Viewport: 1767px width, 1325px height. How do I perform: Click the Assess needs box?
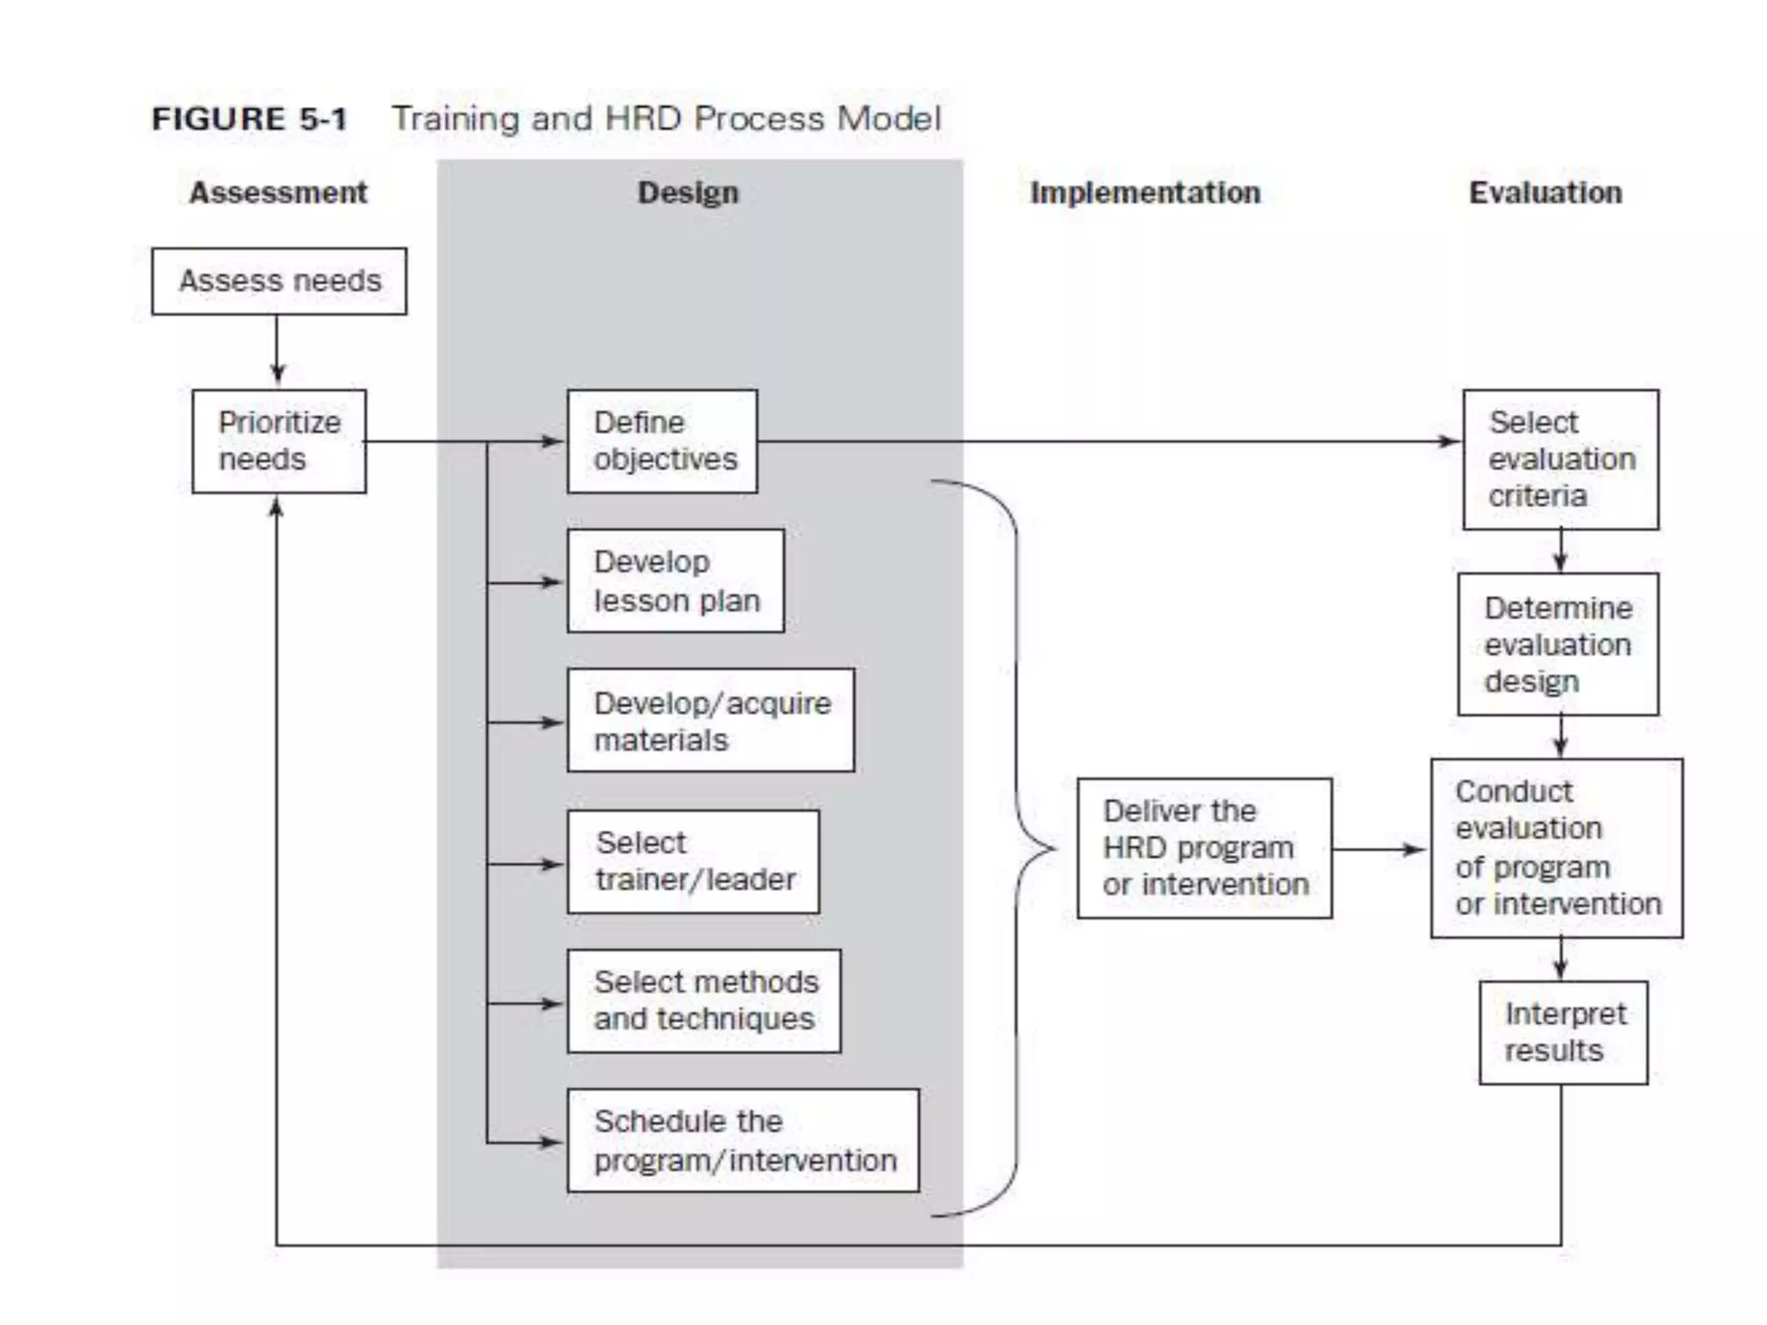pos(279,281)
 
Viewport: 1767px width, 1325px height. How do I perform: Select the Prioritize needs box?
pos(279,441)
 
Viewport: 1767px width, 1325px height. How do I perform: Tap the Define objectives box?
pos(662,441)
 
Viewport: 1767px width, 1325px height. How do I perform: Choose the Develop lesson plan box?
pos(676,581)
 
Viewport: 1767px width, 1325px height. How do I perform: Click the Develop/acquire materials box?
pos(711,720)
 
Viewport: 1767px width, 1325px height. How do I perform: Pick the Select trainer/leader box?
pos(693,861)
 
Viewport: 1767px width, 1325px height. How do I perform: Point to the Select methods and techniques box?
pos(704,1001)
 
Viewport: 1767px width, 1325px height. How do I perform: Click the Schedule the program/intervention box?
pos(743,1140)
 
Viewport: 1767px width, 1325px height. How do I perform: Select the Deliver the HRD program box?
pos(1204,848)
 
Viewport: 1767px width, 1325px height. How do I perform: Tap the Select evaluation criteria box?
pos(1560,459)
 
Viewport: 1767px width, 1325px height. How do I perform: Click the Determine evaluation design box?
pos(1558,644)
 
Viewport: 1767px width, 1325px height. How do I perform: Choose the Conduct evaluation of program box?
pos(1556,848)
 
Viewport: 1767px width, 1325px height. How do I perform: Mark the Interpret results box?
pos(1563,1033)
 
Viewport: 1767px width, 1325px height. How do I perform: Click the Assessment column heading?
pos(278,192)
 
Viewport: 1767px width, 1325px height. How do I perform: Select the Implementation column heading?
pos(1145,192)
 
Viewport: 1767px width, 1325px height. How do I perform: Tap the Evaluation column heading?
pos(1545,192)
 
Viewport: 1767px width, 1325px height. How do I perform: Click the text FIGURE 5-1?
pos(249,119)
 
